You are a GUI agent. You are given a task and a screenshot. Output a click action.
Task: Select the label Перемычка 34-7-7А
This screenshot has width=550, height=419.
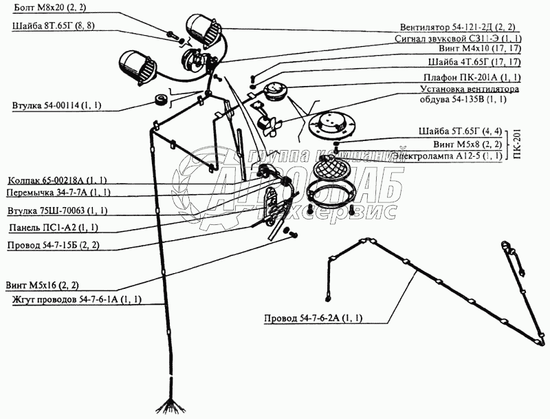tap(58, 192)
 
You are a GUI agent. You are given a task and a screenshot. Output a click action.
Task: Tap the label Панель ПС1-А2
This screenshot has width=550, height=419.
tap(54, 227)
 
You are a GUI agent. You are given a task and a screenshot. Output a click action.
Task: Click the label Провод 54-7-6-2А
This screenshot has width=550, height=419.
tap(313, 319)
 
